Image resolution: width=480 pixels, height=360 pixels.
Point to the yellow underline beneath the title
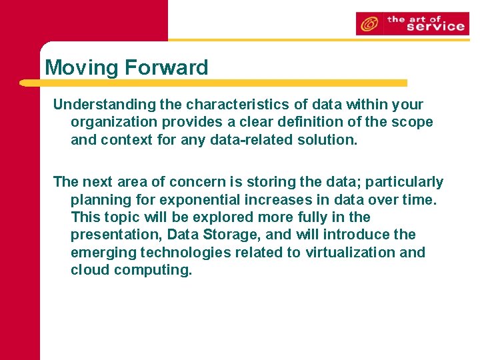213,83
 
